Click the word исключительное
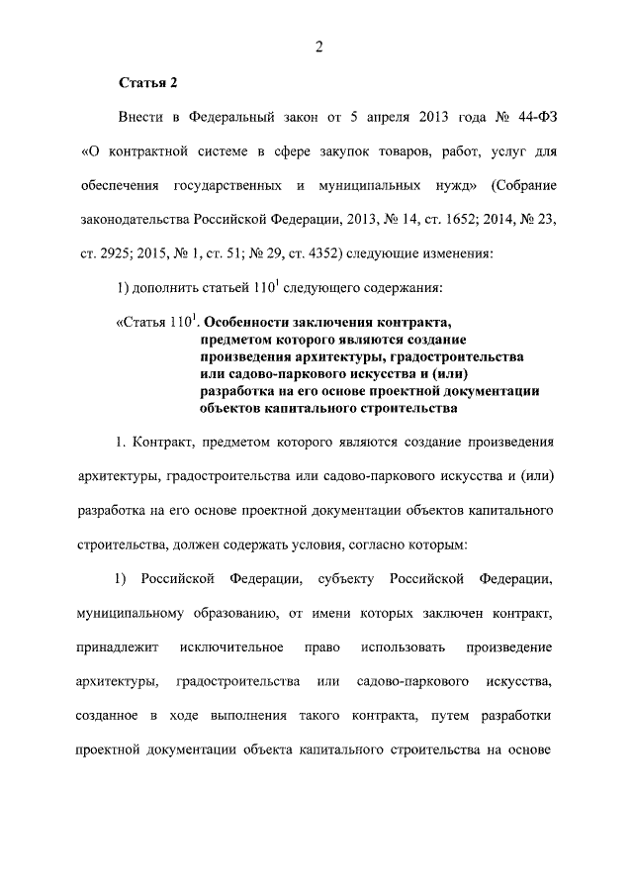(230, 646)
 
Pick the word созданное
(109, 714)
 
